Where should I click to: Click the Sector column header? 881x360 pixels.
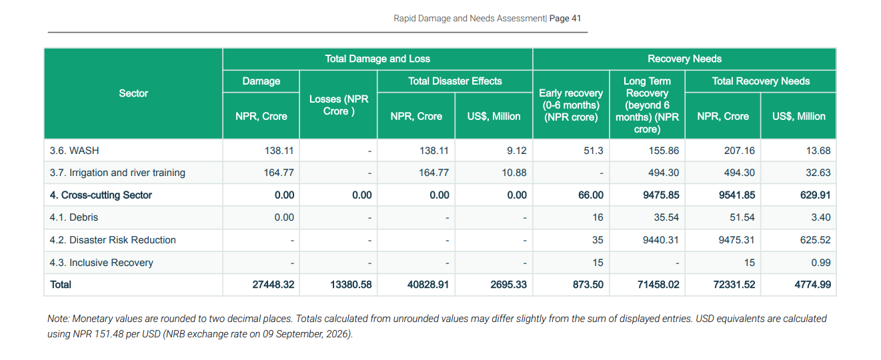(x=133, y=93)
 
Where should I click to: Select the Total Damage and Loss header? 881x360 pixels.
(x=377, y=59)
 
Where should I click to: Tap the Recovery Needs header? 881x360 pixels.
(x=684, y=59)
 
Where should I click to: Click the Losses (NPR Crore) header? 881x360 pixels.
(x=339, y=105)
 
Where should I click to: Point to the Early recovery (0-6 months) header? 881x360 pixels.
(x=571, y=105)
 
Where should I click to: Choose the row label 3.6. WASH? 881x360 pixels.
(x=74, y=151)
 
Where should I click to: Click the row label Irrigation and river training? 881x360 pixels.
(x=127, y=173)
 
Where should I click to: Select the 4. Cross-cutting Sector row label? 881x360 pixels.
(x=101, y=195)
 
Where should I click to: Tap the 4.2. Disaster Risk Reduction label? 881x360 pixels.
(x=113, y=240)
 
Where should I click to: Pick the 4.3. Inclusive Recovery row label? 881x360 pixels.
(x=101, y=263)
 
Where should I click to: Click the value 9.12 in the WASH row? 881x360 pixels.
(x=516, y=151)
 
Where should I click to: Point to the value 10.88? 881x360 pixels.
(x=514, y=173)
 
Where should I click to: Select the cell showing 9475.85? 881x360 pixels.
(x=661, y=195)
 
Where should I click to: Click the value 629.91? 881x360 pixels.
(x=815, y=195)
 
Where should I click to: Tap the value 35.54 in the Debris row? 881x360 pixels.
(x=666, y=217)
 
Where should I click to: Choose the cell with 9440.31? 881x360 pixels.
(x=661, y=240)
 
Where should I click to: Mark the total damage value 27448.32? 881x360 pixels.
(x=273, y=285)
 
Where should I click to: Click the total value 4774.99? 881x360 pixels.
(x=812, y=285)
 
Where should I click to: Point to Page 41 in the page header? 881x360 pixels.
(x=565, y=19)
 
